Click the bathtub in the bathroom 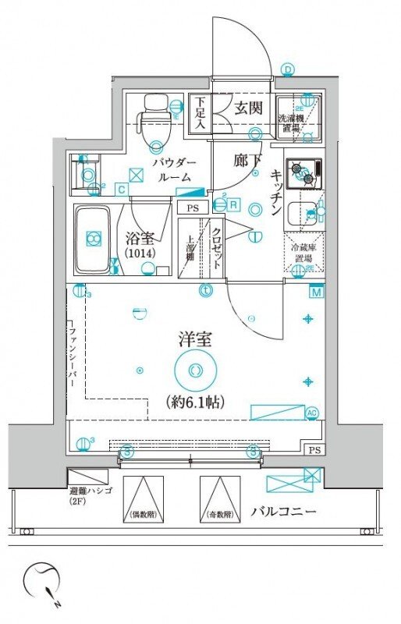(x=95, y=239)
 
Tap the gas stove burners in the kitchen (x=304, y=173)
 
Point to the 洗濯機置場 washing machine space (x=297, y=118)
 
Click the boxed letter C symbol (x=122, y=188)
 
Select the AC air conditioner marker (x=312, y=413)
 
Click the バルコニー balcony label (x=282, y=512)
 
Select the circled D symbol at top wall (x=288, y=71)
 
